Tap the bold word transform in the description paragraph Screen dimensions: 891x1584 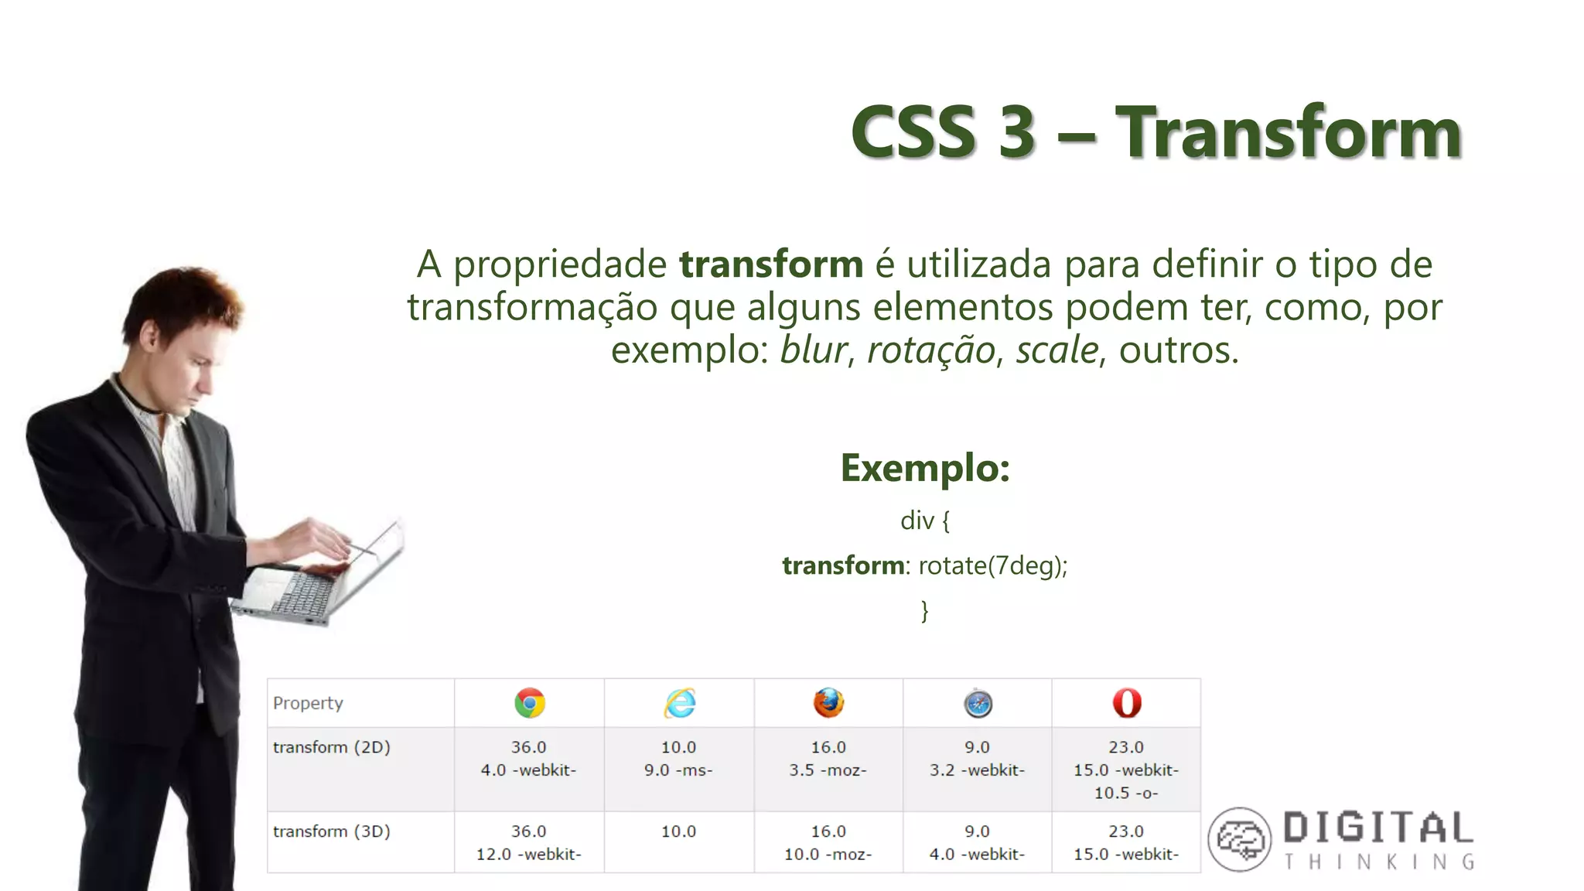[x=771, y=265]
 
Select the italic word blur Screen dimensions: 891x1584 [x=813, y=350]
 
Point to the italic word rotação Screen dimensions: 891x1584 [x=930, y=350]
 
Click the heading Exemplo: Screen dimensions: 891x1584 [x=925, y=468]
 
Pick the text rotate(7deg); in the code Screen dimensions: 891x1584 [x=993, y=565]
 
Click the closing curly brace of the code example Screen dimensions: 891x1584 [x=924, y=610]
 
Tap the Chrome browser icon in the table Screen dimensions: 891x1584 [x=530, y=703]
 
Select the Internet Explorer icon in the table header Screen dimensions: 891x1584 [x=680, y=703]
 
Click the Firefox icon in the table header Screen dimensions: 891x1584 [x=828, y=703]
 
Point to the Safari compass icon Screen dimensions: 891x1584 [x=978, y=704]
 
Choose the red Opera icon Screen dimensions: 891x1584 [x=1127, y=703]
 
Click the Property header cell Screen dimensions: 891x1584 [x=308, y=703]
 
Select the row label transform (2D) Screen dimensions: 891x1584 [x=331, y=747]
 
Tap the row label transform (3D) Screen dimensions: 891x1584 [x=331, y=831]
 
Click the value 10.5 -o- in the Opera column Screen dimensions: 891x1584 [x=1126, y=793]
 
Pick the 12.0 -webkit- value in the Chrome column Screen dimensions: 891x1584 [x=529, y=854]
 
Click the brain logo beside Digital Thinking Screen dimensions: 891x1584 [x=1240, y=839]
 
